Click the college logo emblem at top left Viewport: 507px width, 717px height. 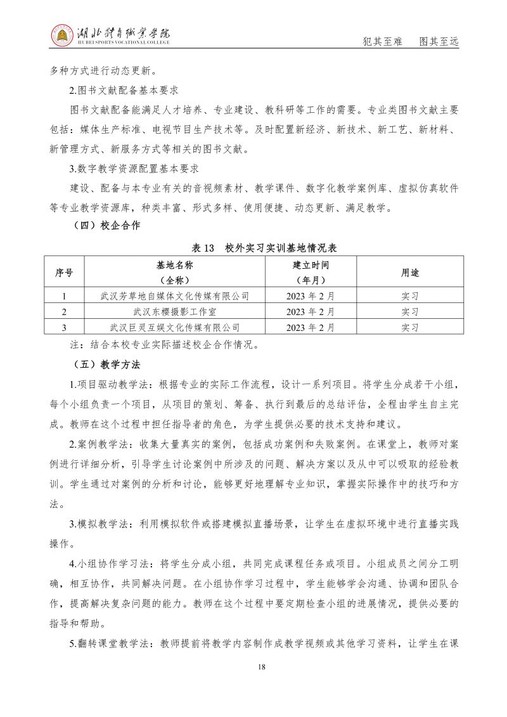point(62,36)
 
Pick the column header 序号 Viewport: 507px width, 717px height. point(64,273)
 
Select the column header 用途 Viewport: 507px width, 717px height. point(410,273)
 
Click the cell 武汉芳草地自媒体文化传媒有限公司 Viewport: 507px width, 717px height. point(175,295)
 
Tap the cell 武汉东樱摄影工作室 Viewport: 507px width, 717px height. point(175,312)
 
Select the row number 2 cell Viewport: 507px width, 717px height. point(64,312)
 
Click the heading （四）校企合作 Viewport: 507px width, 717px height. point(102,225)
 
